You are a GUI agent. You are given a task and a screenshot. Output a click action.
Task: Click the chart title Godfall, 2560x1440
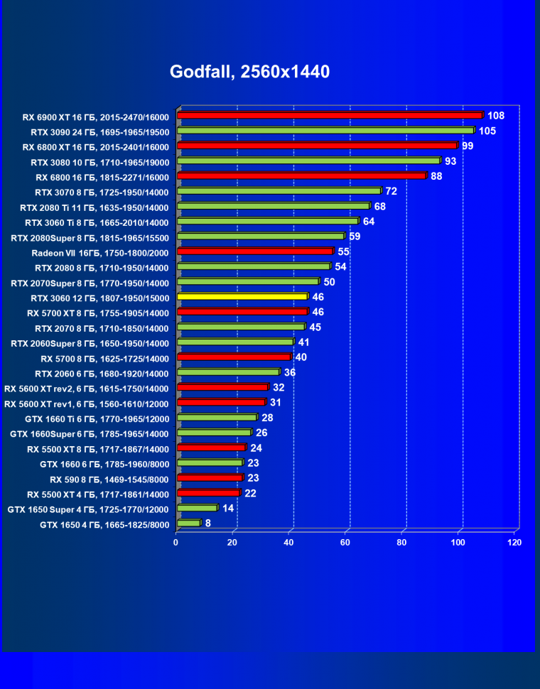pyautogui.click(x=249, y=72)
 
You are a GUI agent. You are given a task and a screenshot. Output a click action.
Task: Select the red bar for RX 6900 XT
pyautogui.click(x=330, y=115)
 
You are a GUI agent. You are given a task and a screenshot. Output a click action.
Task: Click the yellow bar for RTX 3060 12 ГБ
pyautogui.click(x=242, y=296)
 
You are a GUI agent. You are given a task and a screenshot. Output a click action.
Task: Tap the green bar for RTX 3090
pyautogui.click(x=325, y=131)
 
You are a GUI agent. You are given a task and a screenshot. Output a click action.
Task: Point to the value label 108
pyautogui.click(x=495, y=116)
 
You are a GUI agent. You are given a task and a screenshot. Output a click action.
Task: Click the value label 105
pyautogui.click(x=487, y=131)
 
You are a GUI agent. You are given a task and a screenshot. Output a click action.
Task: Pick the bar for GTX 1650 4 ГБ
pyautogui.click(x=188, y=523)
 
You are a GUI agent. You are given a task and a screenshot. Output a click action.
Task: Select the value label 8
pyautogui.click(x=208, y=523)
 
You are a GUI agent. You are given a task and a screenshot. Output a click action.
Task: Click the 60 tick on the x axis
pyautogui.click(x=345, y=543)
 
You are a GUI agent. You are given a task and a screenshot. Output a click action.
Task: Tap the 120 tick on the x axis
pyautogui.click(x=514, y=543)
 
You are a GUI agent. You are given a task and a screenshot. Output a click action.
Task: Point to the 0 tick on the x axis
pyautogui.click(x=176, y=543)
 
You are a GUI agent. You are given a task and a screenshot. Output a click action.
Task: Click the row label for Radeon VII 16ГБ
pyautogui.click(x=100, y=252)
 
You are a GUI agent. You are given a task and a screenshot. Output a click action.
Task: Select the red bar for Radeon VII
pyautogui.click(x=255, y=251)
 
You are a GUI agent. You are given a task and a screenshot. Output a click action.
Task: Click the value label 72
pyautogui.click(x=391, y=191)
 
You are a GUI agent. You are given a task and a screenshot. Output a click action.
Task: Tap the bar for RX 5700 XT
pyautogui.click(x=242, y=312)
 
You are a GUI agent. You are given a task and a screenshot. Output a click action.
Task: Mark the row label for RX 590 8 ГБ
pyautogui.click(x=109, y=479)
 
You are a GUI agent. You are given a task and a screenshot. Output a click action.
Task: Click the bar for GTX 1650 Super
pyautogui.click(x=197, y=508)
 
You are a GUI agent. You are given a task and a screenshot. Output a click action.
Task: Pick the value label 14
pyautogui.click(x=228, y=508)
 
